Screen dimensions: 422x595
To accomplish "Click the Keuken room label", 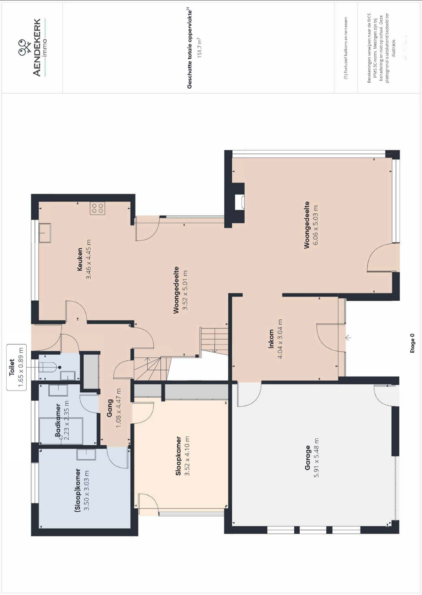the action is click(x=80, y=259).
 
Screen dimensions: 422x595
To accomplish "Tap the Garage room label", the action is click(x=308, y=458).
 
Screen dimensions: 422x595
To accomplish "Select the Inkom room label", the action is click(x=271, y=339).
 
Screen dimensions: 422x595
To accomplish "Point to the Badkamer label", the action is click(x=58, y=420).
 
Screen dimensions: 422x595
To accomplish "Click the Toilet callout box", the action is click(x=16, y=367).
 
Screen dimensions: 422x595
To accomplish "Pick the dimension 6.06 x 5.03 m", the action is click(x=315, y=225).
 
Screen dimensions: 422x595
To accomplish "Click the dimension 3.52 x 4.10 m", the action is click(x=187, y=456).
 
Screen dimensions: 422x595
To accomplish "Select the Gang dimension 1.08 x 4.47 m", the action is click(x=119, y=408).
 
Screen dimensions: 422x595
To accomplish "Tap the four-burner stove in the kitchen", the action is click(x=98, y=208).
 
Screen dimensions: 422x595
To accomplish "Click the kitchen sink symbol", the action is click(x=45, y=233).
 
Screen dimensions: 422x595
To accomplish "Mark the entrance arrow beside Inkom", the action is click(x=348, y=337).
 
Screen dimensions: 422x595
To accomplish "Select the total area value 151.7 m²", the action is click(x=199, y=48).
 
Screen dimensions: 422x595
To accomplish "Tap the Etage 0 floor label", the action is click(x=412, y=343).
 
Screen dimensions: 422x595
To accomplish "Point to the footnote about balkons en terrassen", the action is click(x=346, y=48).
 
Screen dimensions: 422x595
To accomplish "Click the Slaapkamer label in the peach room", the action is click(x=178, y=456).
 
